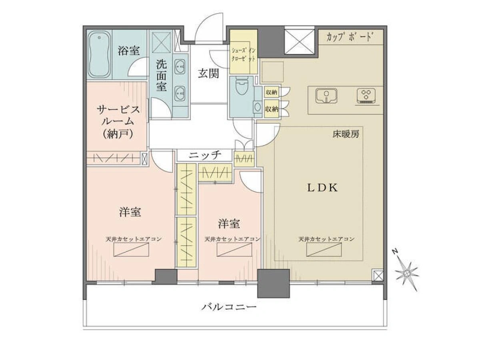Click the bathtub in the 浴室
click(x=99, y=54)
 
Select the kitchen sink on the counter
click(x=326, y=96)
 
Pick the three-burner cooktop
click(x=366, y=96)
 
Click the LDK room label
click(x=322, y=188)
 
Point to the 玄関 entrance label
click(x=208, y=74)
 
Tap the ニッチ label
click(x=205, y=155)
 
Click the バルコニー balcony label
click(x=229, y=307)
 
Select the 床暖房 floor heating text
click(x=346, y=134)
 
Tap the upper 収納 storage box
click(x=272, y=92)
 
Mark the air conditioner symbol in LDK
click(x=324, y=250)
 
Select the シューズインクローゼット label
click(x=243, y=55)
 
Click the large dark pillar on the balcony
click(x=273, y=284)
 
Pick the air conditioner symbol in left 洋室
click(x=131, y=250)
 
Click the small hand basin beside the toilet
click(x=258, y=107)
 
